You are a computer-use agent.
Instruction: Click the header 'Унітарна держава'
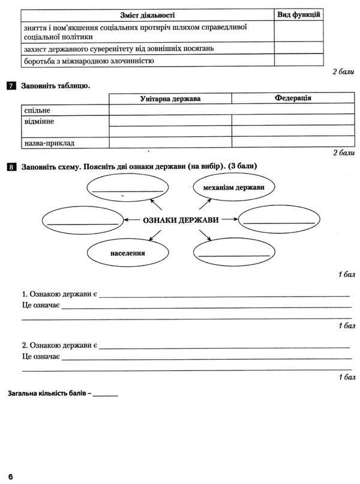170,98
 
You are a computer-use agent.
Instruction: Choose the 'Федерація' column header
293,98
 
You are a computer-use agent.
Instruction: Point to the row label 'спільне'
37,110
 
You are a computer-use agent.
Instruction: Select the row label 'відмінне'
40,121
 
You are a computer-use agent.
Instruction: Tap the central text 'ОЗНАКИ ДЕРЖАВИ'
180,220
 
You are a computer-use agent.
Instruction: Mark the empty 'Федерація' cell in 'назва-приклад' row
293,143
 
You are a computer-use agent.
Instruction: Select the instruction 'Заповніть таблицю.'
55,86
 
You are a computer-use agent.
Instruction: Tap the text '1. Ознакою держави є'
59,295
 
